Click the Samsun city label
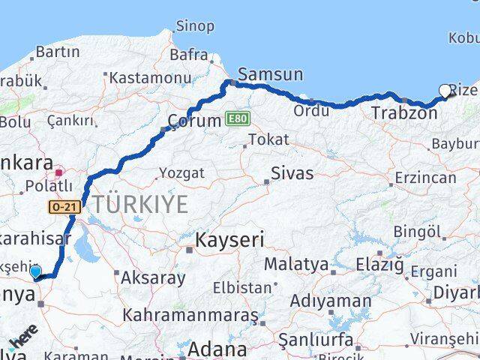click(x=270, y=74)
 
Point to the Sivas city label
click(x=292, y=173)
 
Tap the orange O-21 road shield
click(x=64, y=206)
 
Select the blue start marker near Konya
click(x=35, y=271)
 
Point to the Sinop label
click(x=194, y=26)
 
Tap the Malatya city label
click(x=295, y=264)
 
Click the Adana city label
click(x=217, y=349)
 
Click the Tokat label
click(x=268, y=139)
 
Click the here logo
click(x=22, y=339)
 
